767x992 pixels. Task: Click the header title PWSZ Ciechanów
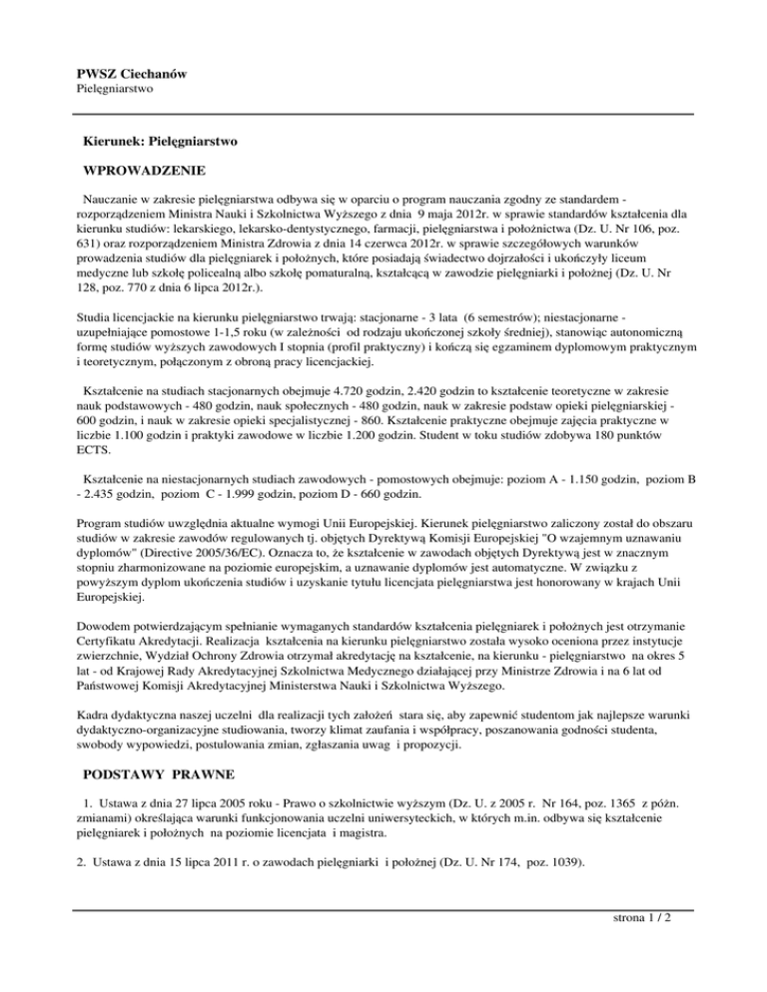point(132,74)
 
